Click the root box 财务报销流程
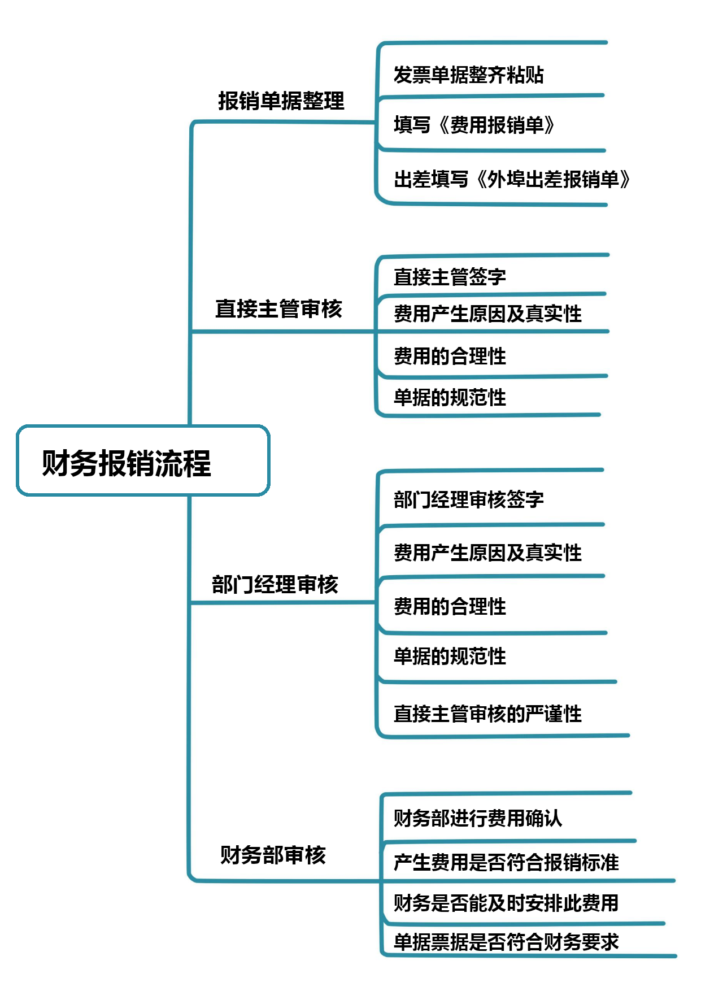(x=143, y=460)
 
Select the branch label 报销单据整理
(x=281, y=101)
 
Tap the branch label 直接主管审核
(x=278, y=308)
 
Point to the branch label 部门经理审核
(x=275, y=584)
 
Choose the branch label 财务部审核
(x=273, y=855)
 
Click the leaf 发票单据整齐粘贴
(x=469, y=75)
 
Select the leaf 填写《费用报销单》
(x=474, y=125)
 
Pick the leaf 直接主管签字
(x=450, y=277)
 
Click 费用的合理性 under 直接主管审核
(x=450, y=356)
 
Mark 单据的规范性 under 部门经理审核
(x=450, y=656)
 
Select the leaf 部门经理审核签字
(x=469, y=499)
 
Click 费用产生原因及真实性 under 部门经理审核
(x=487, y=553)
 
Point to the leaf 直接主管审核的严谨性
(x=487, y=714)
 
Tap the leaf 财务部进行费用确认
(x=478, y=818)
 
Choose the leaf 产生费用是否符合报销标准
(x=506, y=862)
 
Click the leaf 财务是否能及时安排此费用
(x=506, y=903)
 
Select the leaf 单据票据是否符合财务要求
(x=506, y=942)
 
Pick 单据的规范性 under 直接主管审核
(x=450, y=398)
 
